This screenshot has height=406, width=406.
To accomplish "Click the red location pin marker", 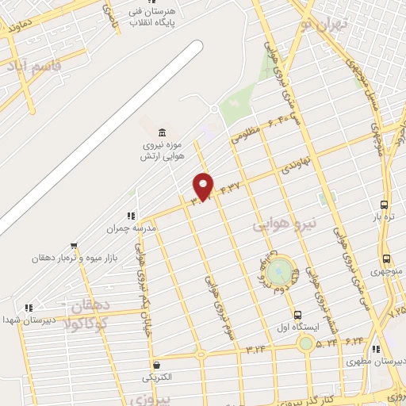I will point(205,186).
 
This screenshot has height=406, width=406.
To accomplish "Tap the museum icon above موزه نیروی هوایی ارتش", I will point(163,132).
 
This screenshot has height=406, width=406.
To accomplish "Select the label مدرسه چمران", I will point(133,228).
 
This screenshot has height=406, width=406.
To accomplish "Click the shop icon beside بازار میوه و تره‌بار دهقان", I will point(74,246).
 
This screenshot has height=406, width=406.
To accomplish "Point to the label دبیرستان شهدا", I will point(32,319).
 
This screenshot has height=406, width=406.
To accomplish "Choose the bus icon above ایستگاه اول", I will point(297,315).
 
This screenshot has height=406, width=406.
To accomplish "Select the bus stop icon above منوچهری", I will point(386,259).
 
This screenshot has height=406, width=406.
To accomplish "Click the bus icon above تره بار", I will point(385,204).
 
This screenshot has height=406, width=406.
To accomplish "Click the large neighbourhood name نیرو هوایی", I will point(285,225).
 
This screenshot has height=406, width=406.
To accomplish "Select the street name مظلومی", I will point(245,135).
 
